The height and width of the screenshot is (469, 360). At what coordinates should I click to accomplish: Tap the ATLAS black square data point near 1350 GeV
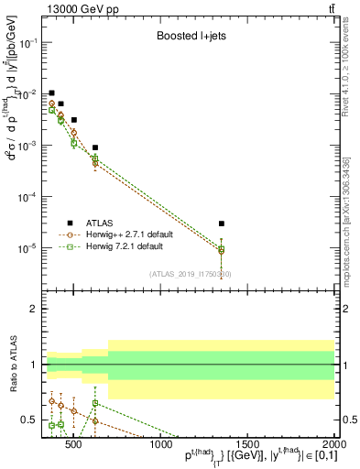pyautogui.click(x=222, y=224)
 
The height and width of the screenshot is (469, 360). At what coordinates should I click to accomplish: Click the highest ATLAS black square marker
pyautogui.click(x=51, y=93)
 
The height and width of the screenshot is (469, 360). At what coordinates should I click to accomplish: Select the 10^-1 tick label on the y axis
pyautogui.click(x=27, y=43)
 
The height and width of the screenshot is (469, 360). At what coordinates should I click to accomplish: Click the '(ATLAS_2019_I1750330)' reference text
pyautogui.click(x=191, y=273)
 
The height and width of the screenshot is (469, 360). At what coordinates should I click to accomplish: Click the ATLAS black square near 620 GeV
pyautogui.click(x=95, y=147)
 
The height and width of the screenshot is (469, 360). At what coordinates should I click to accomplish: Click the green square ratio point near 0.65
pyautogui.click(x=95, y=403)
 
